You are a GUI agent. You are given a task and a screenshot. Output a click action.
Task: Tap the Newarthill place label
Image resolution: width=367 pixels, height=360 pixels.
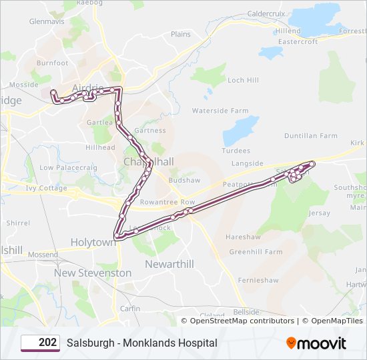pyautogui.click(x=169, y=264)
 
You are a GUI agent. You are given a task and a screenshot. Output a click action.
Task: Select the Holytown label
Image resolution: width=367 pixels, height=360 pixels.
pyautogui.click(x=93, y=243)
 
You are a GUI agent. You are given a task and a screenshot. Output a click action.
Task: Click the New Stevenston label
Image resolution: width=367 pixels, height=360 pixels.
pyautogui.click(x=93, y=273)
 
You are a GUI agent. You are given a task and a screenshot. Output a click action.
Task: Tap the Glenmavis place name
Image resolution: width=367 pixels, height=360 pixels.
pyautogui.click(x=46, y=21)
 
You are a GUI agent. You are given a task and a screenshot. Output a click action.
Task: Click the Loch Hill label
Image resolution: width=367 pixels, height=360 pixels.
pyautogui.click(x=243, y=80)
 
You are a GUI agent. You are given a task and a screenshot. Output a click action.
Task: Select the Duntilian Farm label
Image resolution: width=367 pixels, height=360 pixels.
pyautogui.click(x=311, y=135)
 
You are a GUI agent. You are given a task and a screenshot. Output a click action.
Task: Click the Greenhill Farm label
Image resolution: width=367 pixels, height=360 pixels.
pyautogui.click(x=256, y=252)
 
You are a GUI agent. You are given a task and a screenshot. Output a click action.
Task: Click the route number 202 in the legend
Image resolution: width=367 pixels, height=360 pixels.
pyautogui.click(x=47, y=343)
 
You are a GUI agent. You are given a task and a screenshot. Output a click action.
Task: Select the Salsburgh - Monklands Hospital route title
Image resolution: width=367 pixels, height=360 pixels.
pyautogui.click(x=141, y=343)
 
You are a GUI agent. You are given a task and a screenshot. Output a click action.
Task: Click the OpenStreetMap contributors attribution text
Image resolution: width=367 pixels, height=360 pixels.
pyautogui.click(x=242, y=321)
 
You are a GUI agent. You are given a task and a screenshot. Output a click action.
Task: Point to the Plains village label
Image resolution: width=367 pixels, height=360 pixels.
pyautogui.click(x=180, y=34)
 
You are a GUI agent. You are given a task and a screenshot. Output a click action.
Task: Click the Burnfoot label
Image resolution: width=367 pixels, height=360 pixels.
pyautogui.click(x=53, y=63)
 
